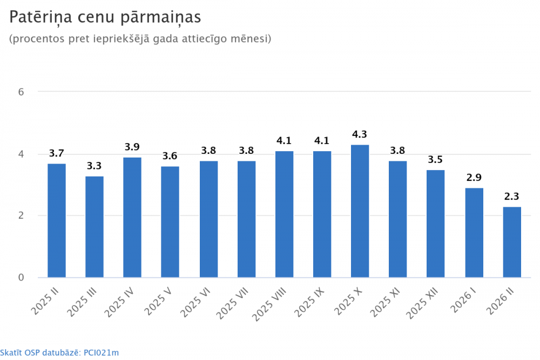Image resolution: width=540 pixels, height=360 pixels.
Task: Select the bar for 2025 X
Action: pos(360,211)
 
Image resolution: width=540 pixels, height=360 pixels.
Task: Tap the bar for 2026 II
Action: pos(512,242)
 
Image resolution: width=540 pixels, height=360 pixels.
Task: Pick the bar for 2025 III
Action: pos(94,227)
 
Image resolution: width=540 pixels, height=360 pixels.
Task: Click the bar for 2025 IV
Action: pos(132,218)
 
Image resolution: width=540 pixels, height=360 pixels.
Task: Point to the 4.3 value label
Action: pos(360,134)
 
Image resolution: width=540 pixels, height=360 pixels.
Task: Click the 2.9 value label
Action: pos(474,178)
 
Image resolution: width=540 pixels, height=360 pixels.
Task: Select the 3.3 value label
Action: pos(94,166)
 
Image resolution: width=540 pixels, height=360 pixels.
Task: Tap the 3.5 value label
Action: pos(436,159)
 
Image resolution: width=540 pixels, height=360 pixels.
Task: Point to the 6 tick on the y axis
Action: pos(21,92)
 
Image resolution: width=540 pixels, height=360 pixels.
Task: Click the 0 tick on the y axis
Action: pos(21,277)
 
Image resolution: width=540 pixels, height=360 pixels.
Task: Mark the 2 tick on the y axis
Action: pos(21,216)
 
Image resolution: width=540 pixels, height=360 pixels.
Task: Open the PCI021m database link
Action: pos(101,353)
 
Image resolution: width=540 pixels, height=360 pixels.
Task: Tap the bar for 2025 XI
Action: pos(398,219)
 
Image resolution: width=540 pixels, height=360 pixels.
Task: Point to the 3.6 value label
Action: pos(170,156)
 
